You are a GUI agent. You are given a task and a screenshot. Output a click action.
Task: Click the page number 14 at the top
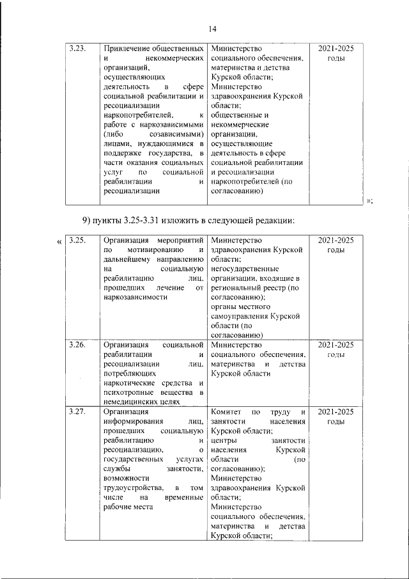[213, 28]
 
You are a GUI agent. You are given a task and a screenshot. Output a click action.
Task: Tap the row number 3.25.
[79, 240]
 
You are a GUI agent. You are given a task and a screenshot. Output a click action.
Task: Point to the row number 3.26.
[79, 344]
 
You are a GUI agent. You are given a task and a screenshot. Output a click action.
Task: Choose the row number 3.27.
[79, 412]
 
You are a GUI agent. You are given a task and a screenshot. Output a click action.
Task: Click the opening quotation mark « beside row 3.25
[59, 241]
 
